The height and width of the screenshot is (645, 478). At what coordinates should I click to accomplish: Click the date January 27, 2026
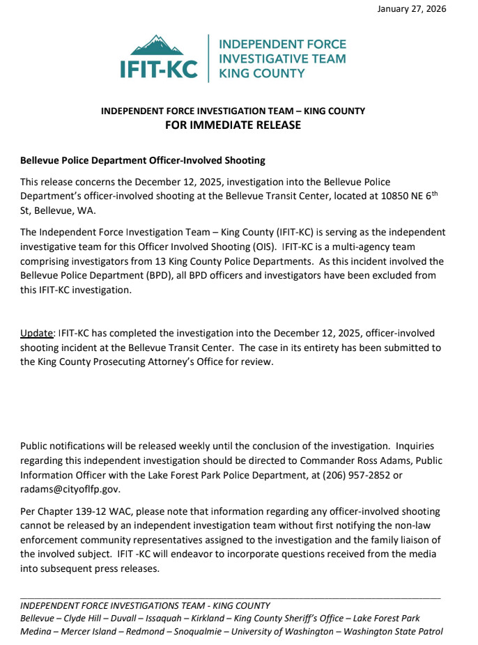click(412, 9)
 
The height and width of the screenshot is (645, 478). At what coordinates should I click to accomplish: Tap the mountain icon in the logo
click(158, 45)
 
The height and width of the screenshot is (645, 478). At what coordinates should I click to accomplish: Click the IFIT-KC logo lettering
click(158, 69)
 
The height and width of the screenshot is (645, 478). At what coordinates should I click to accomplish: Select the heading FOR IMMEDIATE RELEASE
click(233, 125)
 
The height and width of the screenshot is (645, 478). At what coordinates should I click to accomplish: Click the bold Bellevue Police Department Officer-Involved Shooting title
click(143, 161)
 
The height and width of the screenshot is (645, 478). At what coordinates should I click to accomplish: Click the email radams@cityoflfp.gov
click(70, 488)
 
